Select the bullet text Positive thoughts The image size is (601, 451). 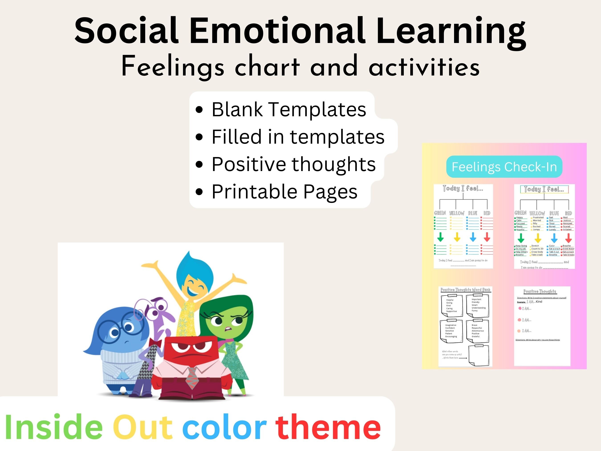coord(293,164)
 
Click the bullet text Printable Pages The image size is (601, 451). coord(284,192)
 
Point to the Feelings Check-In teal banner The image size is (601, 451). coord(504,167)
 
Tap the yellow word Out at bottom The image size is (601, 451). coord(143,427)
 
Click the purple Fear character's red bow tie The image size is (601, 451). coord(156,343)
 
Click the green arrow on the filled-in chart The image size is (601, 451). coord(521,238)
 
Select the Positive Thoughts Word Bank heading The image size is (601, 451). coord(465,290)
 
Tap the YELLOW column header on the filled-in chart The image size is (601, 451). coord(537,213)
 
